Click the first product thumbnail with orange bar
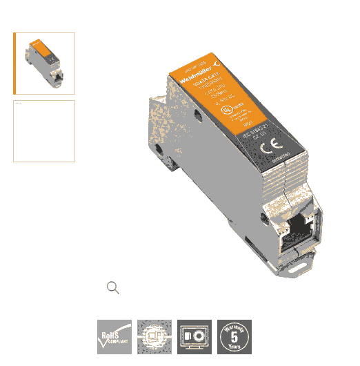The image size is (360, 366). (x=44, y=63)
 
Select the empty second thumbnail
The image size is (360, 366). (x=44, y=131)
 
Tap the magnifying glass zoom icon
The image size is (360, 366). (x=113, y=288)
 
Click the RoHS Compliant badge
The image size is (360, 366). (x=114, y=337)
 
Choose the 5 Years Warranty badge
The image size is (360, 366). (x=234, y=337)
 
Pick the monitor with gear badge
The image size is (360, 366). (x=194, y=337)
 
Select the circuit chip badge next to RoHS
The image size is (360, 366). (x=154, y=337)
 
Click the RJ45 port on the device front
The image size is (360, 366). (x=298, y=227)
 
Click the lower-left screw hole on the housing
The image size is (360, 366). (x=159, y=148)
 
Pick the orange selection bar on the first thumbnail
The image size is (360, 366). (x=15, y=63)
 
